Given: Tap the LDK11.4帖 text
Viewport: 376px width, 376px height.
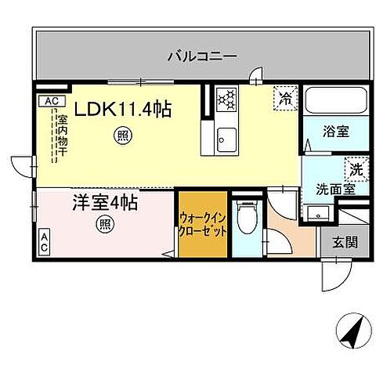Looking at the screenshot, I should (x=124, y=110).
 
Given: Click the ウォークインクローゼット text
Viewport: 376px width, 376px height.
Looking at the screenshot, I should (x=203, y=225).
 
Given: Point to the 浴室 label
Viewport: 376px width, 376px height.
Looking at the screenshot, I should (x=327, y=132).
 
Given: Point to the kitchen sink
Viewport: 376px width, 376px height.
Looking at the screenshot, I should (x=226, y=140).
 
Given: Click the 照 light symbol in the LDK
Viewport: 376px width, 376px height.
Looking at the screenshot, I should (x=122, y=134).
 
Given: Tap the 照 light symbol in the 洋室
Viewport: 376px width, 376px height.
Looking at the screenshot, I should (x=103, y=226).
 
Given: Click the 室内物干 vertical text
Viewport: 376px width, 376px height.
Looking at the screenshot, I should (x=61, y=136).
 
